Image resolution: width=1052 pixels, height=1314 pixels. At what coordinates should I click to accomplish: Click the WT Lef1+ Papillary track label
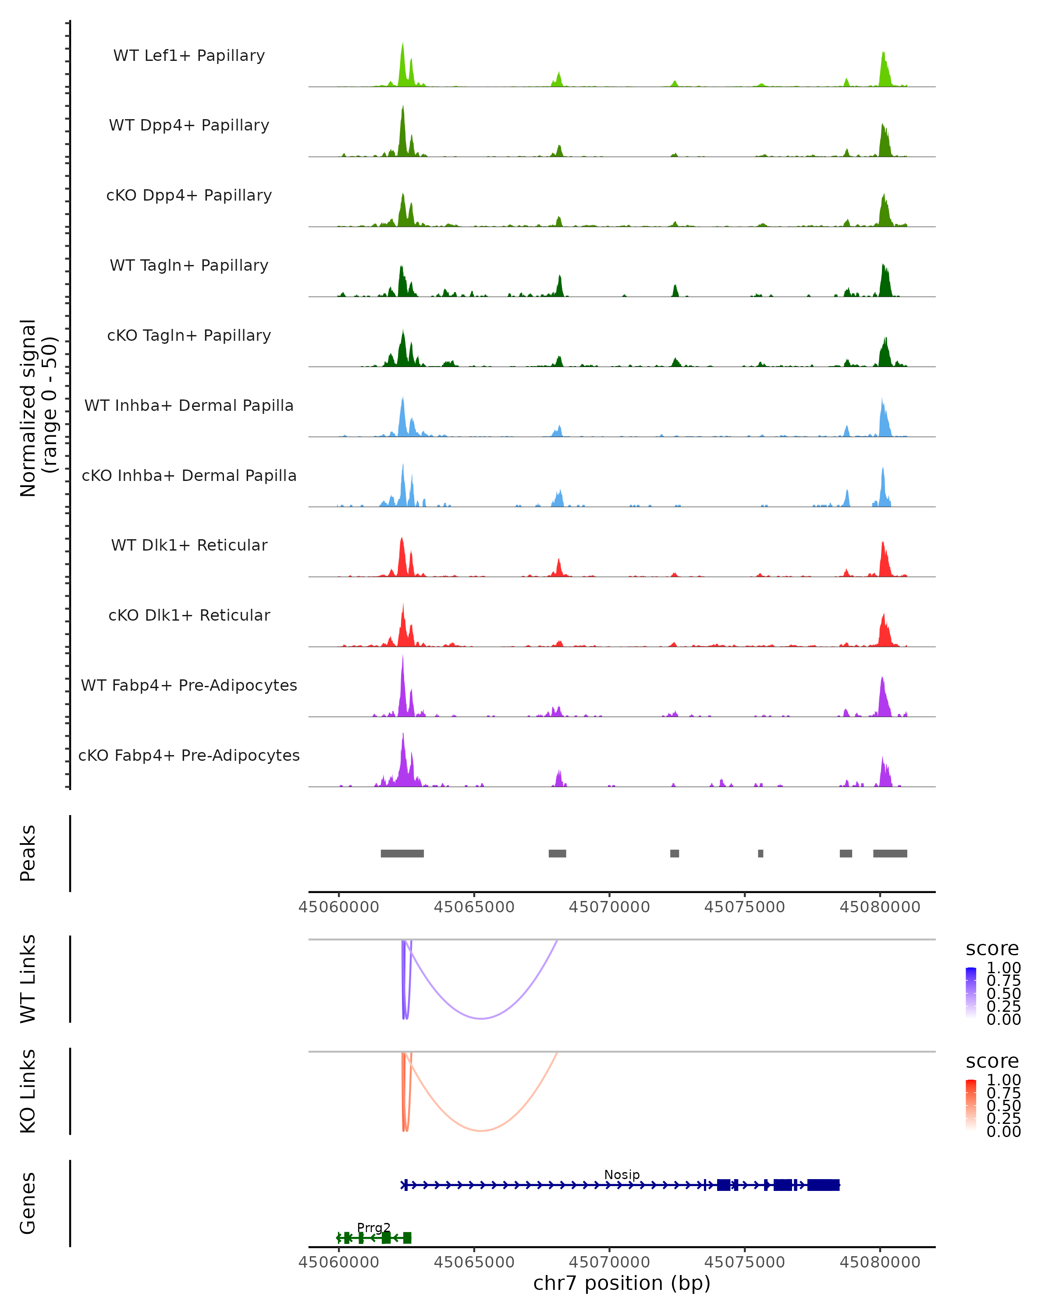click(189, 56)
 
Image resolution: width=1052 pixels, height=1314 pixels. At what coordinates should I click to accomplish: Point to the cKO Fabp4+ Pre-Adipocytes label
click(189, 755)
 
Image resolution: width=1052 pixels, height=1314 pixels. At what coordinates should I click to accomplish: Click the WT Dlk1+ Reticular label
click(189, 545)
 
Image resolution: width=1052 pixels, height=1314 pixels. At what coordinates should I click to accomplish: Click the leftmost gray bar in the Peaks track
click(402, 853)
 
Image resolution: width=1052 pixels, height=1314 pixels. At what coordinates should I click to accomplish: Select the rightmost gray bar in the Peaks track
click(890, 853)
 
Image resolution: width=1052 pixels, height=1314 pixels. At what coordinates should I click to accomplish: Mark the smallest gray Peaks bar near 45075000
click(761, 853)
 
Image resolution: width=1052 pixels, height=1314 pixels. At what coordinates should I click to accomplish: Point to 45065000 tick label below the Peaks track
click(474, 907)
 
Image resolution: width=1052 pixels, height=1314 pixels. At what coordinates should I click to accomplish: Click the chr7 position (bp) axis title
click(622, 1283)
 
